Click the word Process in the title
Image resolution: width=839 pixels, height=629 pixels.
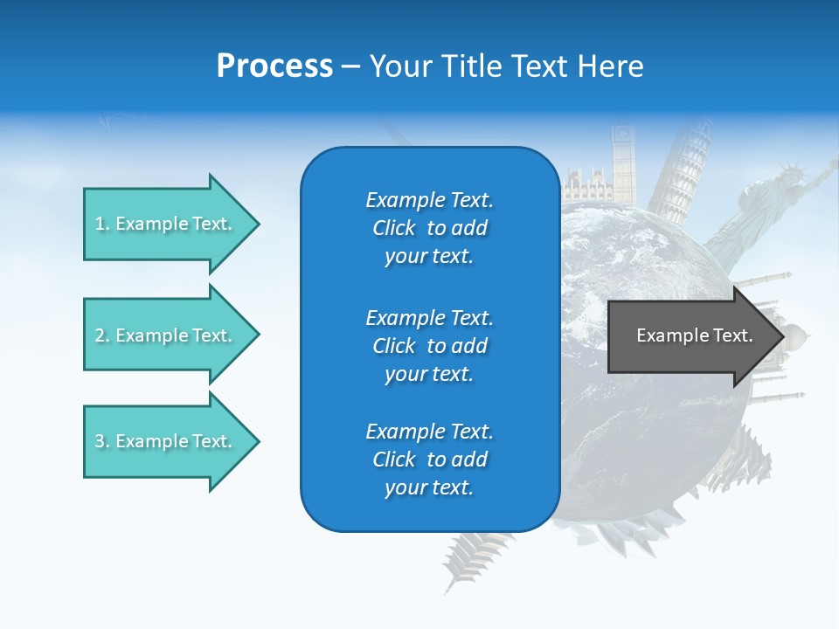[274, 66]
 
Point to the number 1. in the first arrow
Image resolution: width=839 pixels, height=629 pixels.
[102, 224]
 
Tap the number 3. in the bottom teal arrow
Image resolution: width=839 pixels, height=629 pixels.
[102, 441]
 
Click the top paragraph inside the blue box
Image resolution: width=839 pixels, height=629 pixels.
[429, 228]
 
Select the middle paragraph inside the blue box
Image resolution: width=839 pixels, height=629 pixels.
[429, 346]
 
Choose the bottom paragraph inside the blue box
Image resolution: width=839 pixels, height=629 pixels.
[429, 460]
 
